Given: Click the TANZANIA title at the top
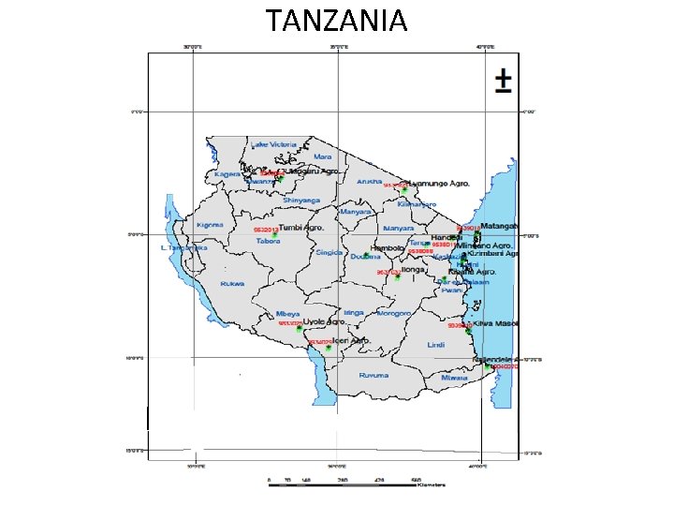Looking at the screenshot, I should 336,20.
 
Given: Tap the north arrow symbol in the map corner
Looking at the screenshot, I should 503,82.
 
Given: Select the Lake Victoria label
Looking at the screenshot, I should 272,144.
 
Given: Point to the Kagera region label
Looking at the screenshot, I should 227,174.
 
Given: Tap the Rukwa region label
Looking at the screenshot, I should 231,283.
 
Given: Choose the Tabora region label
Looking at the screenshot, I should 270,240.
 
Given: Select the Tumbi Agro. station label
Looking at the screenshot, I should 301,228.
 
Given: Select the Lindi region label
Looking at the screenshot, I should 435,345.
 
